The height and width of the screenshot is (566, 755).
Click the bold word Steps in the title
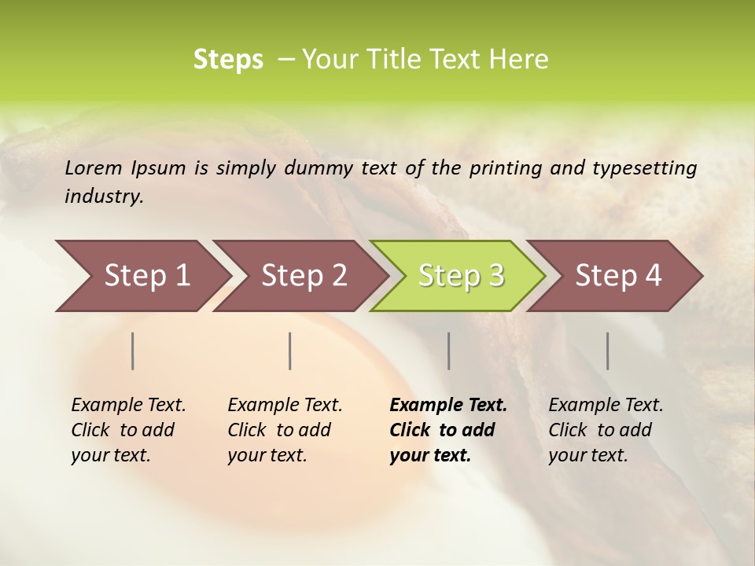point(228,60)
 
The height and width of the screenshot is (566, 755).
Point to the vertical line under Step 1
point(133,351)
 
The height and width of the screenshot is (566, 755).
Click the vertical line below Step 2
point(290,351)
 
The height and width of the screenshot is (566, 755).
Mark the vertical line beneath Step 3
point(449,351)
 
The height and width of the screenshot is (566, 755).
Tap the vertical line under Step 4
point(608,351)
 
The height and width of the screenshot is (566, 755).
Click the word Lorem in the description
point(94,167)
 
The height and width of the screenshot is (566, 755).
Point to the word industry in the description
point(104,197)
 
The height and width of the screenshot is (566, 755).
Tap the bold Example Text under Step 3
point(448,405)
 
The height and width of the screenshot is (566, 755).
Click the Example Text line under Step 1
point(128,405)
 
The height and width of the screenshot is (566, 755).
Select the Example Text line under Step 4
point(606,405)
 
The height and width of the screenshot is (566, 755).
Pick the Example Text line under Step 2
point(285,405)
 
